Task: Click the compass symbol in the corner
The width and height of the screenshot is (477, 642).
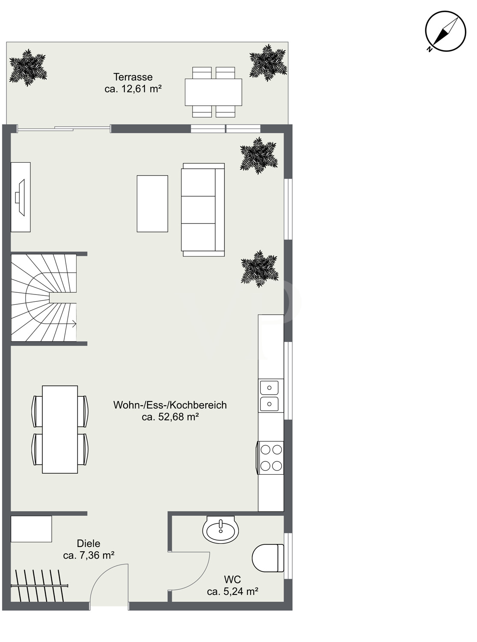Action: click(x=445, y=31)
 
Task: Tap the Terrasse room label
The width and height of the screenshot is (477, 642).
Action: click(x=133, y=77)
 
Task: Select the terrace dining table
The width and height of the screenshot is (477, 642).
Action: click(x=213, y=92)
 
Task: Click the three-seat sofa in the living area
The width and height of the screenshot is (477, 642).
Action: click(x=203, y=210)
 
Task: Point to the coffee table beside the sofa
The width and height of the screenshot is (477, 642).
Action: click(x=152, y=203)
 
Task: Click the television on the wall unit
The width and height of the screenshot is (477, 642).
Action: click(x=20, y=197)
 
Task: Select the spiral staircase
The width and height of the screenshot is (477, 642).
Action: click(x=44, y=298)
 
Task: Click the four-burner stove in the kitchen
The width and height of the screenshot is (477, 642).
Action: click(x=270, y=458)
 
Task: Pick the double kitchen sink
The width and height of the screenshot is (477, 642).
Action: click(x=269, y=396)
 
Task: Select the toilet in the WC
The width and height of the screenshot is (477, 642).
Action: click(x=268, y=558)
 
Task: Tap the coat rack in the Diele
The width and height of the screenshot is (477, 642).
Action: click(x=40, y=586)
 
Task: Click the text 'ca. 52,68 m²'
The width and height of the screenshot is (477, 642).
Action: click(x=170, y=417)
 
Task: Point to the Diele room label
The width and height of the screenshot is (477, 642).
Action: click(x=89, y=543)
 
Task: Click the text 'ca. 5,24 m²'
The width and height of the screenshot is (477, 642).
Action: click(x=233, y=591)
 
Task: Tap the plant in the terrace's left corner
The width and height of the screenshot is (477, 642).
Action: click(x=28, y=68)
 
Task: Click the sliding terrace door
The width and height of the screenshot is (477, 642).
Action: click(x=64, y=128)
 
